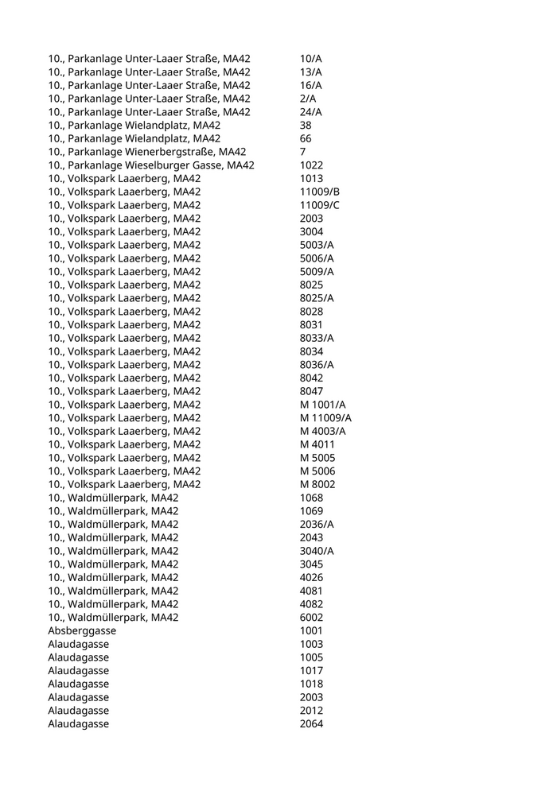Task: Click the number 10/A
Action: (310, 59)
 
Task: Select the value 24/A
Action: (310, 112)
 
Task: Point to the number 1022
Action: (311, 165)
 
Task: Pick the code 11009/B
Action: (319, 192)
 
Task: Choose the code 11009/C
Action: (319, 205)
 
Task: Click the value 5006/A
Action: (317, 258)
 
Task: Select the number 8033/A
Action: (317, 338)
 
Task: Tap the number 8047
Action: (311, 391)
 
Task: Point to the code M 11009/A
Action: (325, 418)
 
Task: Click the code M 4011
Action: (317, 444)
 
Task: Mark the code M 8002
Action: (317, 484)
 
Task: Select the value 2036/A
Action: (317, 524)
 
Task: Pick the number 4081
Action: (311, 591)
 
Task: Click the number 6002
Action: (311, 617)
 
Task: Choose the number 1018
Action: (311, 684)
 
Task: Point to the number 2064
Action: (311, 723)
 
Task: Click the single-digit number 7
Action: (303, 152)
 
